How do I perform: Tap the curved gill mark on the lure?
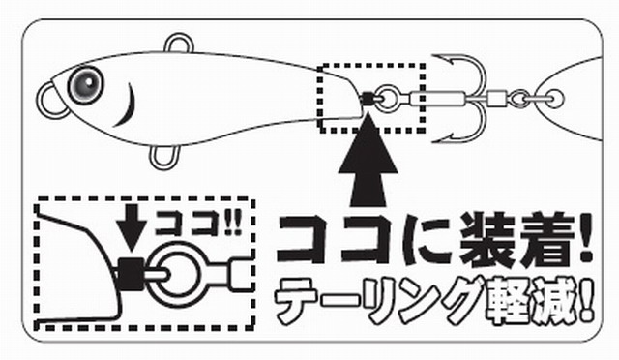[x=127, y=105]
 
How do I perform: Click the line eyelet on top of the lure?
[x=179, y=45]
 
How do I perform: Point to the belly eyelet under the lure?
[x=163, y=157]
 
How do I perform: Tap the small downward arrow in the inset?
[x=133, y=226]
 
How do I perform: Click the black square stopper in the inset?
[x=132, y=274]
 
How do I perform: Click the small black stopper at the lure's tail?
[x=368, y=99]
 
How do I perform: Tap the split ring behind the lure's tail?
[x=385, y=97]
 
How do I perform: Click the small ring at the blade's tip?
[x=556, y=98]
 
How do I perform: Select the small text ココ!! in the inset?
[x=197, y=223]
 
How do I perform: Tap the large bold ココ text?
[x=336, y=239]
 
